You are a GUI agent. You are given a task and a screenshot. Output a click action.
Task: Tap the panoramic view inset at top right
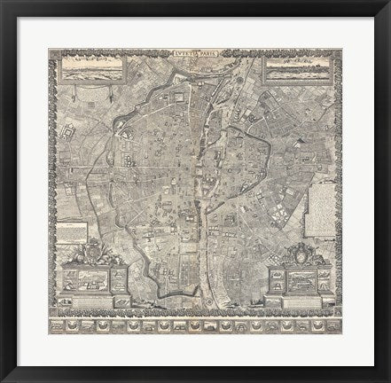[x=299, y=66]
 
